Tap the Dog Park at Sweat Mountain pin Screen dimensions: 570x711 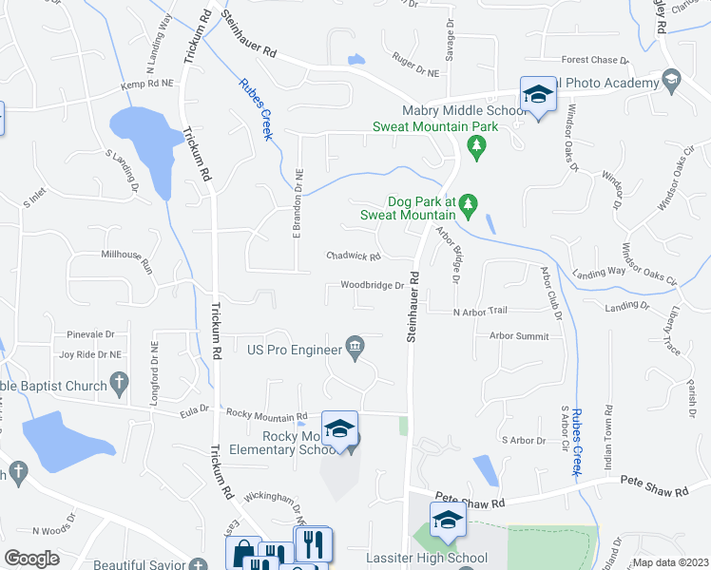tap(468, 203)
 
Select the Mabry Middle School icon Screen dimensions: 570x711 tap(538, 96)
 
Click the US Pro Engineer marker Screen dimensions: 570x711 tap(355, 349)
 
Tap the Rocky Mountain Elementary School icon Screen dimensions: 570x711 tap(338, 429)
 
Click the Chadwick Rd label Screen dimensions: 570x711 tap(353, 256)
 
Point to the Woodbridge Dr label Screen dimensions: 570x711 tap(373, 286)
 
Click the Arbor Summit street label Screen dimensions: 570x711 tap(519, 335)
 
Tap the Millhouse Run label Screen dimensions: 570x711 tap(126, 255)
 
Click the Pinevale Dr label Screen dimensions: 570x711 tap(90, 334)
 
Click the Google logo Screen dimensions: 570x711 tap(31, 559)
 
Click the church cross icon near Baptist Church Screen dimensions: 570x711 tap(119, 385)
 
